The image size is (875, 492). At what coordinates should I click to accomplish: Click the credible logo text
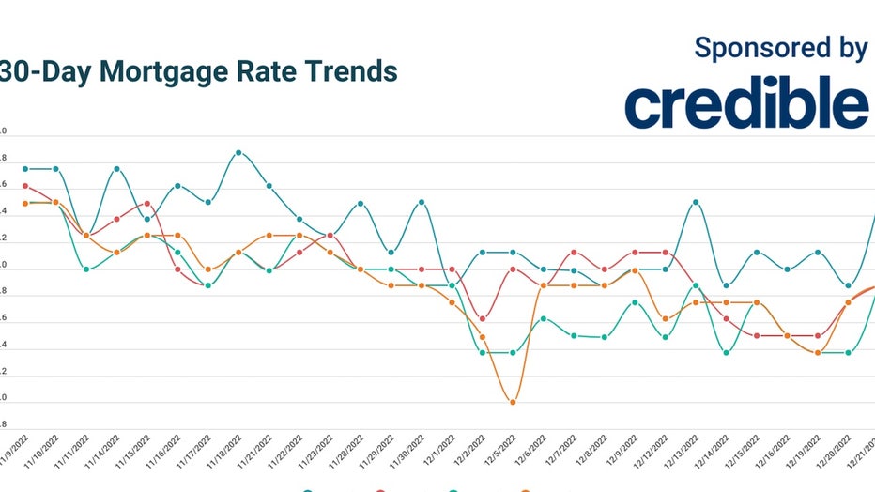pos(746,103)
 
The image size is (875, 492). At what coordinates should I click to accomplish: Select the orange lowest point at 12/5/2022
pos(513,402)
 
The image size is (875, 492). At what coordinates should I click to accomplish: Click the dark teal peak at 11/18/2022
pos(238,152)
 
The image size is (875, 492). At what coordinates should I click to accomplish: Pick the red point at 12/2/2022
pos(483,319)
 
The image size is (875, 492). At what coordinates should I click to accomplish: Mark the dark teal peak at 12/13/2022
pos(696,202)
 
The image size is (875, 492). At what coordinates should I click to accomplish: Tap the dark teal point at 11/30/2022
pos(422,202)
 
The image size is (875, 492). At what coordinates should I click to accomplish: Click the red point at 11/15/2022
pos(147,203)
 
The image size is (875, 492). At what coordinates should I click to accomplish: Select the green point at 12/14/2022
pos(726,353)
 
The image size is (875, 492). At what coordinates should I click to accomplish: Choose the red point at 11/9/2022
pos(25,186)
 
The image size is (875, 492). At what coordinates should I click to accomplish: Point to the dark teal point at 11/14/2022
pos(116,169)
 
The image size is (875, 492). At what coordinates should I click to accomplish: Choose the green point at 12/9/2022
pos(635,302)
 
